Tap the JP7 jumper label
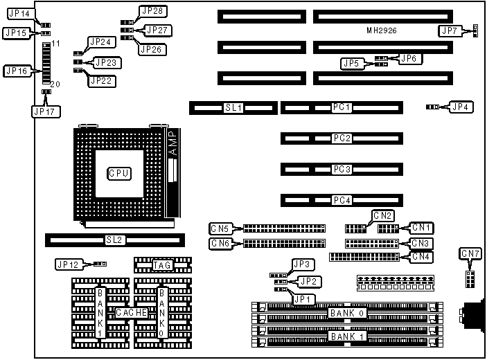(x=450, y=30)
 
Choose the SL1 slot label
(x=232, y=108)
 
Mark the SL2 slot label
(x=114, y=240)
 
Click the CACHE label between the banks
(x=131, y=314)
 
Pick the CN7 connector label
(x=470, y=254)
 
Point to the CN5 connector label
(x=221, y=228)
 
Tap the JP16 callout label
(x=17, y=71)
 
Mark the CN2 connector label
(x=383, y=215)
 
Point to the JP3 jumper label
(x=303, y=264)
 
